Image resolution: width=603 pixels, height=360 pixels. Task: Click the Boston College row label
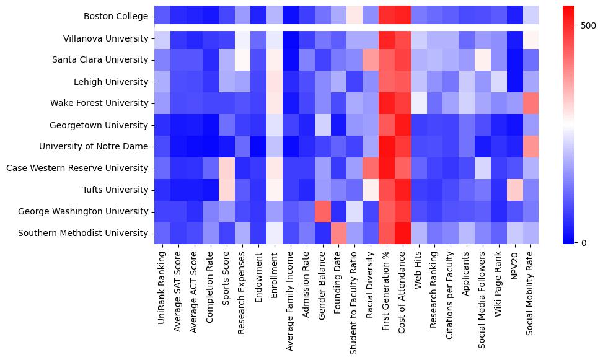click(x=115, y=17)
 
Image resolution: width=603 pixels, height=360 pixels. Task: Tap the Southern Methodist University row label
click(x=84, y=233)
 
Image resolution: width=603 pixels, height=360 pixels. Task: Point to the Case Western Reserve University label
click(x=77, y=168)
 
